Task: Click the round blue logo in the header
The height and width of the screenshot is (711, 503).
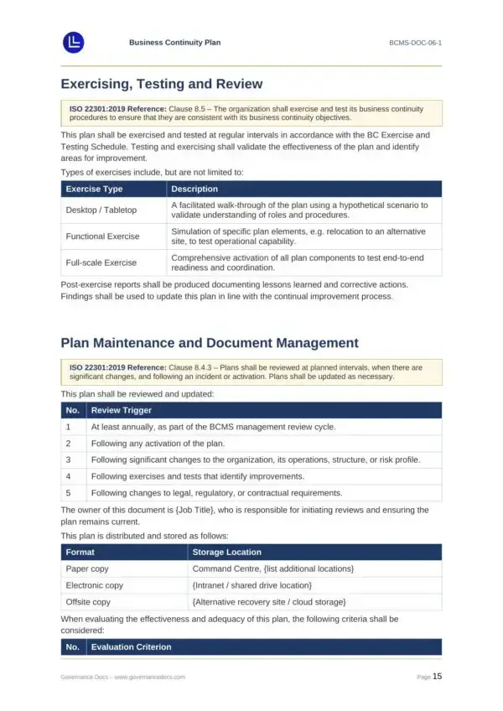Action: pyautogui.click(x=74, y=42)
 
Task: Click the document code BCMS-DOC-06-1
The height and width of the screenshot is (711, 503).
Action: pyautogui.click(x=415, y=42)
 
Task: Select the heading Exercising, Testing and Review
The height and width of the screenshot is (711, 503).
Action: pyautogui.click(x=162, y=84)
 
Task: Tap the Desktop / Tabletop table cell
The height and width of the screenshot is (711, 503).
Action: pyautogui.click(x=101, y=210)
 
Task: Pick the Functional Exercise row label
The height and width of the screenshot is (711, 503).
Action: pyautogui.click(x=102, y=236)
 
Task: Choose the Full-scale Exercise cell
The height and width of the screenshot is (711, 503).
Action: pyautogui.click(x=101, y=262)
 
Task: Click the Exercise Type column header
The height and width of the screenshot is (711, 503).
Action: pyautogui.click(x=94, y=189)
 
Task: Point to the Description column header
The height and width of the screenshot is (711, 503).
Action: pyautogui.click(x=194, y=189)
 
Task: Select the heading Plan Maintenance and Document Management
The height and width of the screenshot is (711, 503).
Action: pyautogui.click(x=210, y=343)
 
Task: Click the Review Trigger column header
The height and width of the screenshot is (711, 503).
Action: pyautogui.click(x=121, y=410)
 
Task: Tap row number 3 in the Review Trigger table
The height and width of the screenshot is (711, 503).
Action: pyautogui.click(x=68, y=459)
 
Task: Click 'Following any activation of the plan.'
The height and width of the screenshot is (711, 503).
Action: pyautogui.click(x=158, y=443)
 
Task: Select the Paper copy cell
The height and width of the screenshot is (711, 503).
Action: pyautogui.click(x=88, y=568)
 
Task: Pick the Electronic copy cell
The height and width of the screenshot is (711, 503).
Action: pyautogui.click(x=94, y=585)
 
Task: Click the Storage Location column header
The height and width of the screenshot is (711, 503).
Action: pyautogui.click(x=226, y=552)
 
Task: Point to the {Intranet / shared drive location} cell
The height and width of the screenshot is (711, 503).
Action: pyautogui.click(x=252, y=585)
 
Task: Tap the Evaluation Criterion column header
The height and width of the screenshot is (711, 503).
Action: pyautogui.click(x=131, y=646)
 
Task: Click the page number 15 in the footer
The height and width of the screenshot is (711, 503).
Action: pyautogui.click(x=437, y=676)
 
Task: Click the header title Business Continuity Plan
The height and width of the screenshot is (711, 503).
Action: pyautogui.click(x=174, y=42)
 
